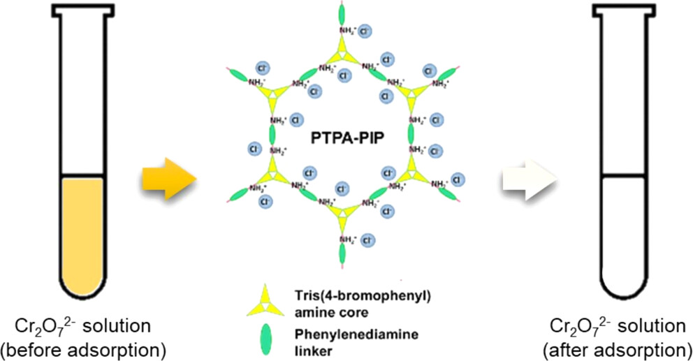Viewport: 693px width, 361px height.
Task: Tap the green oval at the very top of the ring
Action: point(342,12)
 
